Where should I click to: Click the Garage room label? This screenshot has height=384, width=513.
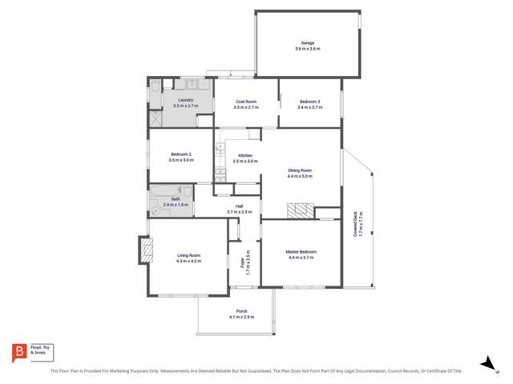307,43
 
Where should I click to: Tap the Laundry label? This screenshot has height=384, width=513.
185,100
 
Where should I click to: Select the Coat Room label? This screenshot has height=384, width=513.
246,102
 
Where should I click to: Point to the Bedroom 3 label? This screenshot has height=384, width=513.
310,102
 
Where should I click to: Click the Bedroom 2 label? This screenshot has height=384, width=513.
180,155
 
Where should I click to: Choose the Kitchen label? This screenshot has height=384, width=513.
245,155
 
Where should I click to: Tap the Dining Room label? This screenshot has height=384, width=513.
300,170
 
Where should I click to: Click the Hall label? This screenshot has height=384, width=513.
239,206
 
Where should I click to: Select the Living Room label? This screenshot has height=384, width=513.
188,256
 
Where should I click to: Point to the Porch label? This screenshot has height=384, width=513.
241,311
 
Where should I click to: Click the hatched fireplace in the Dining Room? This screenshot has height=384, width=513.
301,211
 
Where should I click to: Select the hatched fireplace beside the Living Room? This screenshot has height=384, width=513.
146,252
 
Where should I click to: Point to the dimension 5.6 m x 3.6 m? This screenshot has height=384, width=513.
307,49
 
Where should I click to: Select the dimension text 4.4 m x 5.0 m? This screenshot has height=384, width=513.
300,176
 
